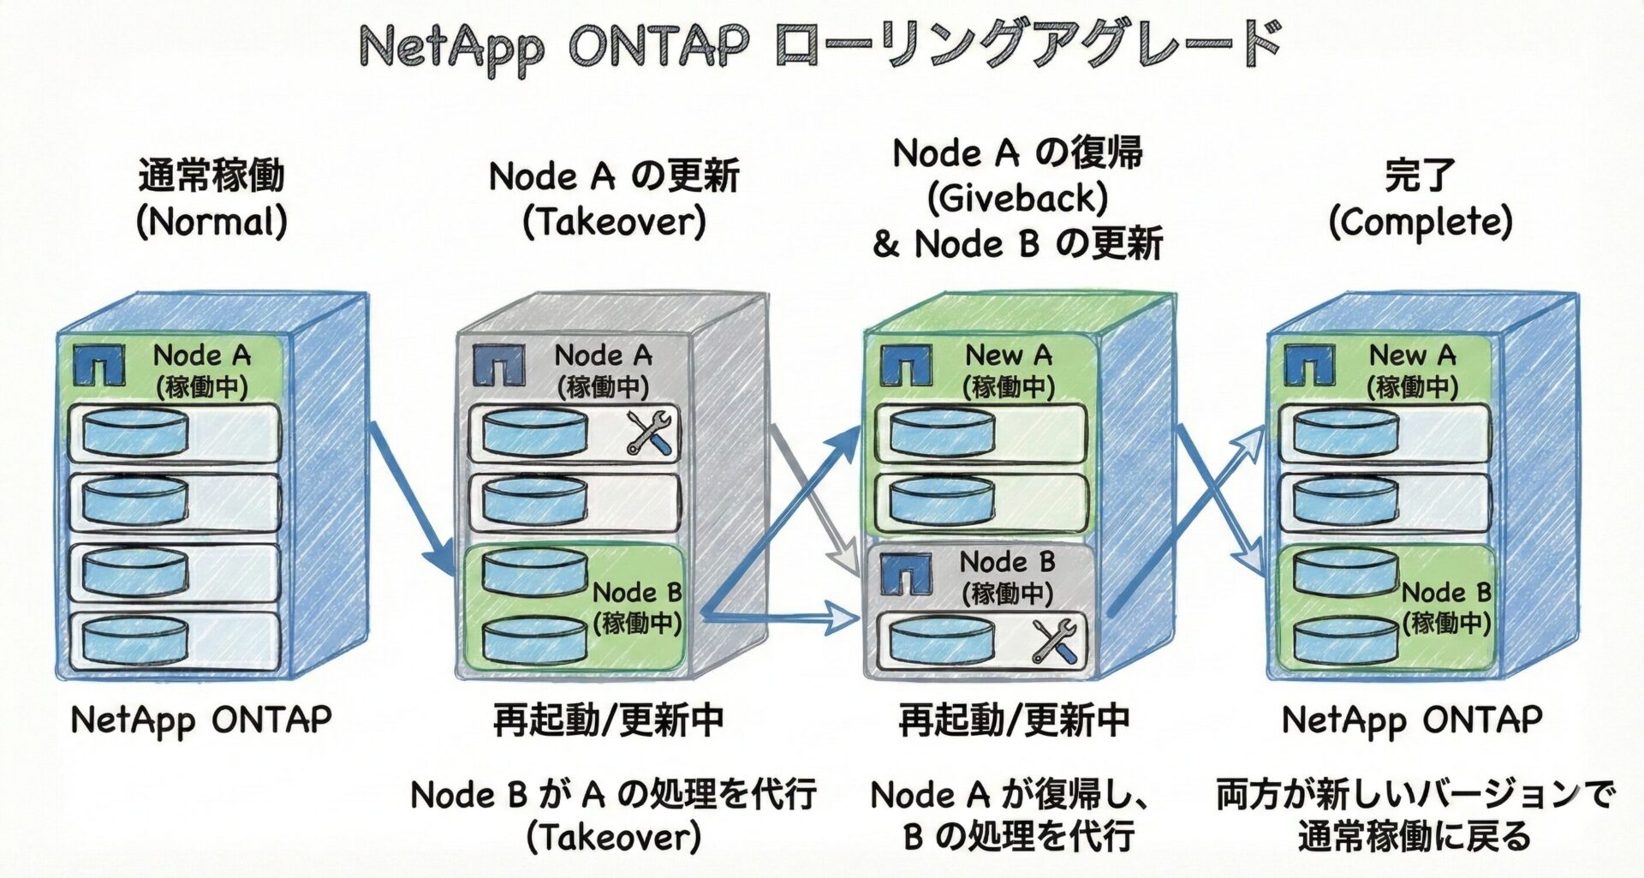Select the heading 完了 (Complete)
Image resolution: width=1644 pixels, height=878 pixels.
[1420, 199]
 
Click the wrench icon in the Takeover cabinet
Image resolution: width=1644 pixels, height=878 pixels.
[650, 432]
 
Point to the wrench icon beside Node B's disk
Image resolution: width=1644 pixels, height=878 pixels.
[1053, 641]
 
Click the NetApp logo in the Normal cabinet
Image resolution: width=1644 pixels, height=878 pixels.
[98, 365]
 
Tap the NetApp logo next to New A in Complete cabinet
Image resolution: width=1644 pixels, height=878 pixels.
[1309, 365]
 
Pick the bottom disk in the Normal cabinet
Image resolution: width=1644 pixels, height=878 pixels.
[134, 638]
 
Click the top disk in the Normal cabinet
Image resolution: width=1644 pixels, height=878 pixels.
[134, 432]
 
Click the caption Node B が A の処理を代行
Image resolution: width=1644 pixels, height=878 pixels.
[613, 795]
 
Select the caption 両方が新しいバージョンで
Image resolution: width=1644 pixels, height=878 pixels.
[1415, 795]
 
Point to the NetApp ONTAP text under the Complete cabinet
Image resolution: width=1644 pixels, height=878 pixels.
[1411, 720]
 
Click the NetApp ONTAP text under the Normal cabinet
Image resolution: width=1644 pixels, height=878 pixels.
[201, 720]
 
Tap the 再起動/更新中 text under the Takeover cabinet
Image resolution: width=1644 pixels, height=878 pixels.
[608, 720]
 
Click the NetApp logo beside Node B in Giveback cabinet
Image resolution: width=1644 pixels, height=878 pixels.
[906, 574]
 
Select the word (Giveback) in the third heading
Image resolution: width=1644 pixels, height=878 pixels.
[1017, 199]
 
